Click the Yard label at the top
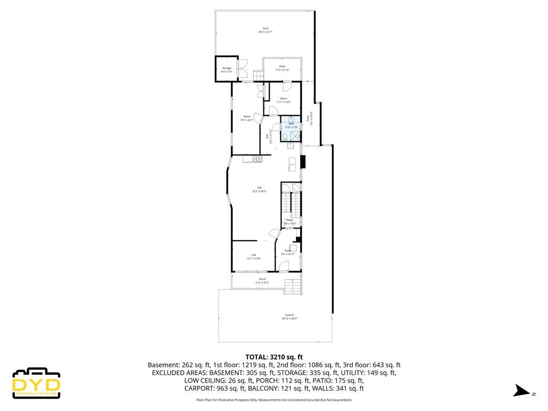[265, 31]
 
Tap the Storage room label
[226, 70]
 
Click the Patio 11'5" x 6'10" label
[282, 68]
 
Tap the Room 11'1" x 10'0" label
[284, 100]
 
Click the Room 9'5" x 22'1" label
[247, 118]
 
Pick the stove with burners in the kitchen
[257, 158]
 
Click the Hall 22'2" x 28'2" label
[259, 189]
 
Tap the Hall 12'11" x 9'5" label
[254, 256]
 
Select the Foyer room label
[288, 252]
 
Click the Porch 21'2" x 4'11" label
[262, 280]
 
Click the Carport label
[289, 317]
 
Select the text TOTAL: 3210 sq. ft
[274, 356]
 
